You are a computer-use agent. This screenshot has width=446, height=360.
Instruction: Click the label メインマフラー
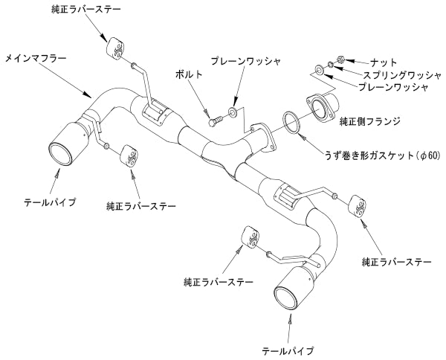(34, 56)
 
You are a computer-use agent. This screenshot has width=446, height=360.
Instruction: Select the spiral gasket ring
(291, 122)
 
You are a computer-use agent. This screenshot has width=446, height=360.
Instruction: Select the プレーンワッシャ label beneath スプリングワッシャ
(392, 87)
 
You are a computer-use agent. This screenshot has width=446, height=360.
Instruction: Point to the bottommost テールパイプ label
(288, 349)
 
